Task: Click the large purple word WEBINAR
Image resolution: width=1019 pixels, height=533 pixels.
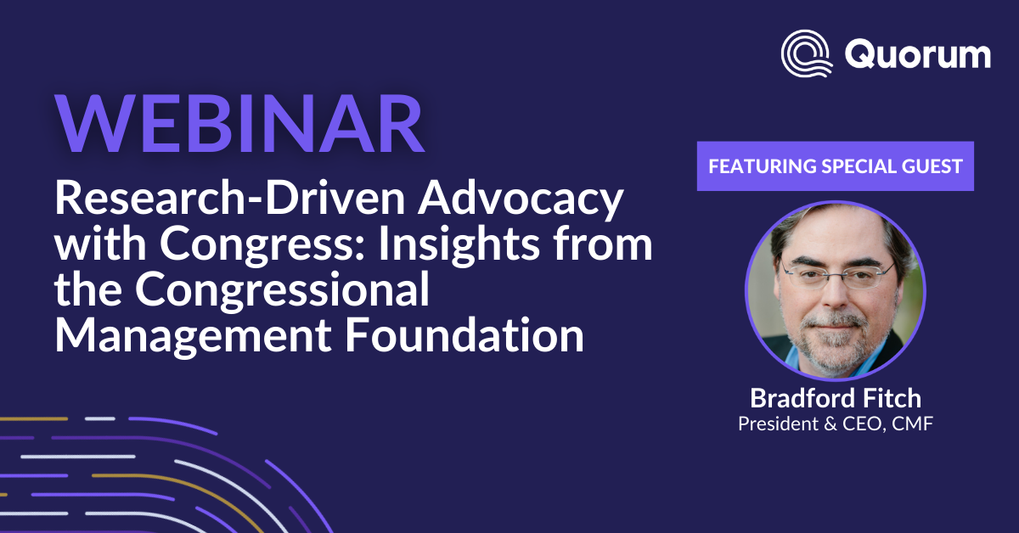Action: [239, 124]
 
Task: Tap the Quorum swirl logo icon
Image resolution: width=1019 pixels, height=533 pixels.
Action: [807, 53]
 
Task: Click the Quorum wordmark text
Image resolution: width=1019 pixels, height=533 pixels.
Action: [918, 54]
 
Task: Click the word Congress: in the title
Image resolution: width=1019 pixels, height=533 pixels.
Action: [262, 245]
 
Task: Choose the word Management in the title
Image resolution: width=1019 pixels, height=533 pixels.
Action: [193, 337]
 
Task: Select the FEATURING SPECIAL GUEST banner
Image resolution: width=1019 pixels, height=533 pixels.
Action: [836, 166]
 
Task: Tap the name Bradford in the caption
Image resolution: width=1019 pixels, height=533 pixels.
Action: [803, 398]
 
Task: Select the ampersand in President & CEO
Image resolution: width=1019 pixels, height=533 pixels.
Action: [830, 424]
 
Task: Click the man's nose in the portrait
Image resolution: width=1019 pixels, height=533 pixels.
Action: [836, 295]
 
